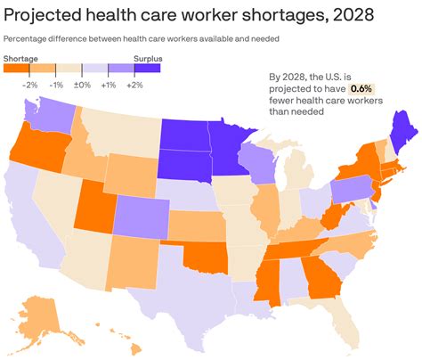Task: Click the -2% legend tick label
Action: coord(30,84)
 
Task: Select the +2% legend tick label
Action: coord(134,84)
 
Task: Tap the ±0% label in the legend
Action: coord(83,84)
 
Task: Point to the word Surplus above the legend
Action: coord(147,57)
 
